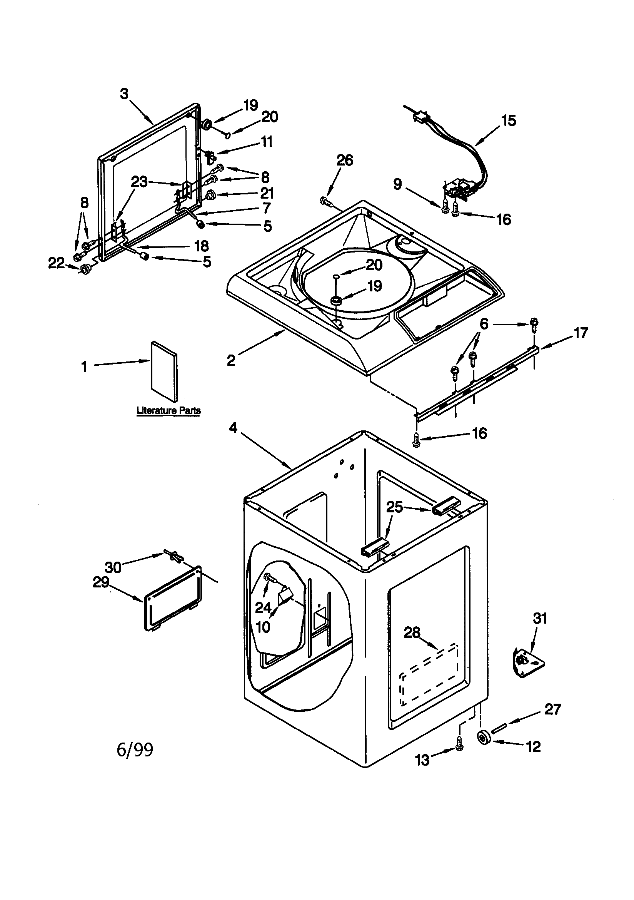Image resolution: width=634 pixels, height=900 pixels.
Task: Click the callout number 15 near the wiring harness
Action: pos(508,121)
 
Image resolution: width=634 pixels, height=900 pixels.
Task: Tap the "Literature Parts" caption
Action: pos(169,411)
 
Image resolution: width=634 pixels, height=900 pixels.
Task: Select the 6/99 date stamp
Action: pos(135,750)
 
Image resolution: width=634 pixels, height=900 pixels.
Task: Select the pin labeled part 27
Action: pos(501,728)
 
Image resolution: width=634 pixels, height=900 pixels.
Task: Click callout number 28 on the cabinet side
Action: pos(412,632)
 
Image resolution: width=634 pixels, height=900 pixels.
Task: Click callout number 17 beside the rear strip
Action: pos(580,333)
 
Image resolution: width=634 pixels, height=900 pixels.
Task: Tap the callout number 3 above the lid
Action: pos(124,94)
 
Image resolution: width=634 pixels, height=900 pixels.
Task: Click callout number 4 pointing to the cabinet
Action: pos(234,428)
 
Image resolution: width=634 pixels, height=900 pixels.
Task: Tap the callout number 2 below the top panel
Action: pos(231,360)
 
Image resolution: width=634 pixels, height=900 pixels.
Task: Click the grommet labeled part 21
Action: pos(211,194)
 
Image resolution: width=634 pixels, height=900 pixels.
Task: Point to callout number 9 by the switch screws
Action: pos(398,184)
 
